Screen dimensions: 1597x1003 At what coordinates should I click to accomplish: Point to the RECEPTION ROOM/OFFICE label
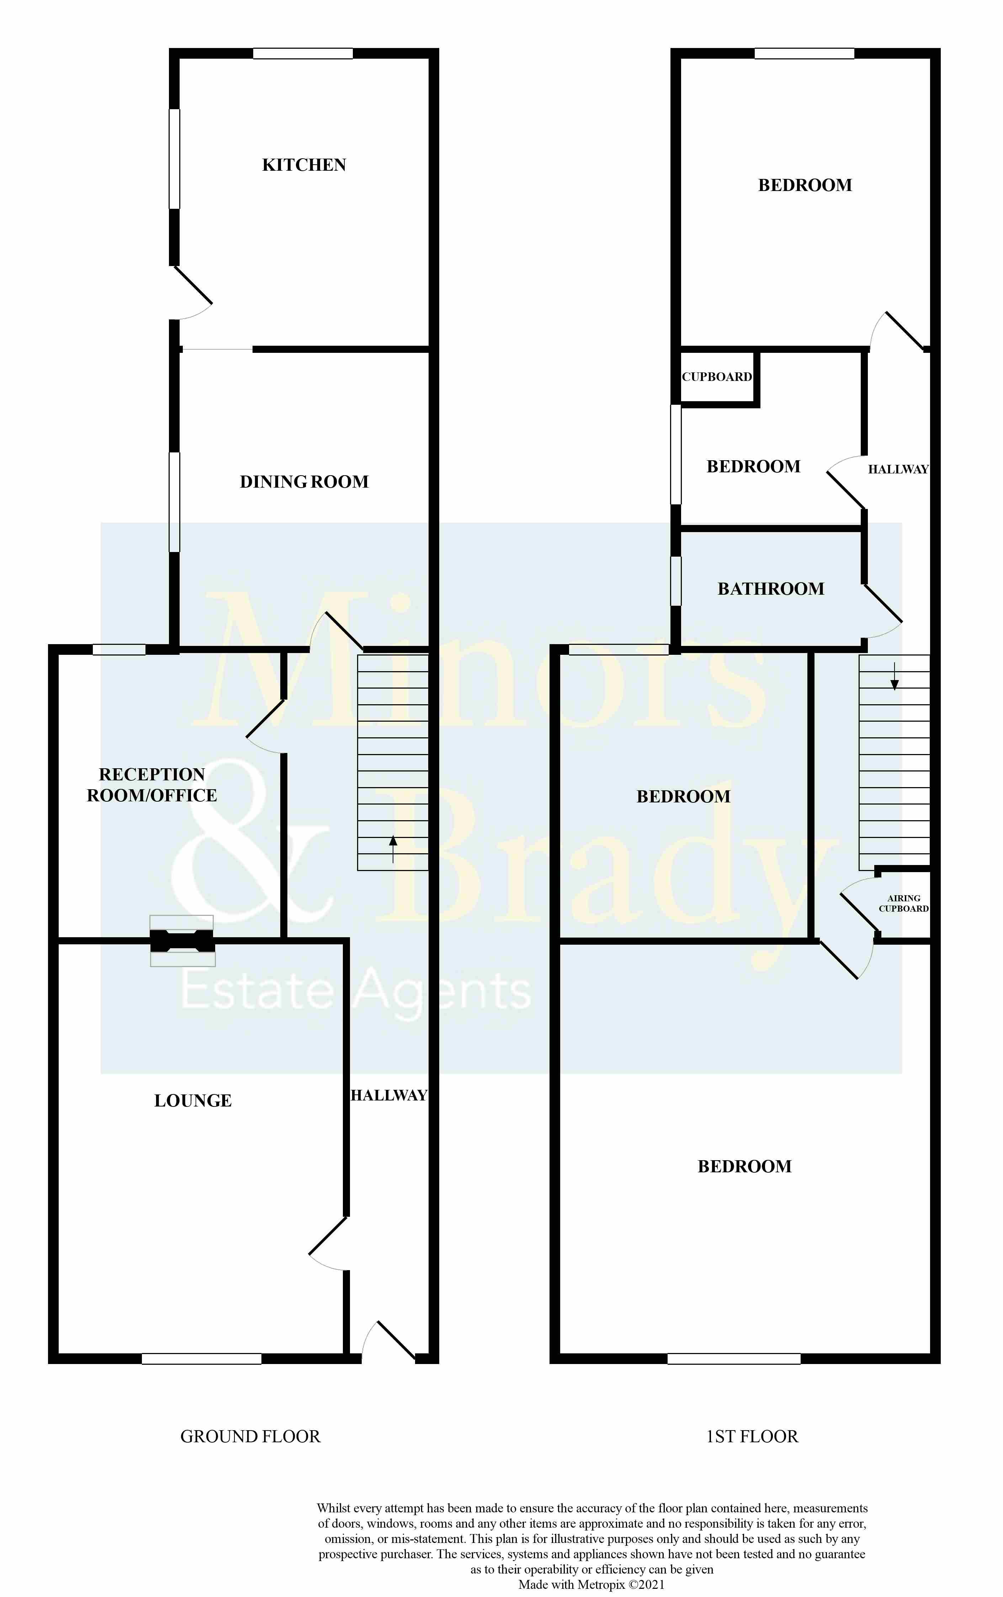click(x=152, y=785)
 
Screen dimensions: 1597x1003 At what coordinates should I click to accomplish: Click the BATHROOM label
click(x=771, y=589)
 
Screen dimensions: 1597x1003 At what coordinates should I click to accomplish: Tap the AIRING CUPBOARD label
click(x=903, y=903)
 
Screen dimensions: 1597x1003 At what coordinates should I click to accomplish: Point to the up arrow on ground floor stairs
click(x=393, y=849)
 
